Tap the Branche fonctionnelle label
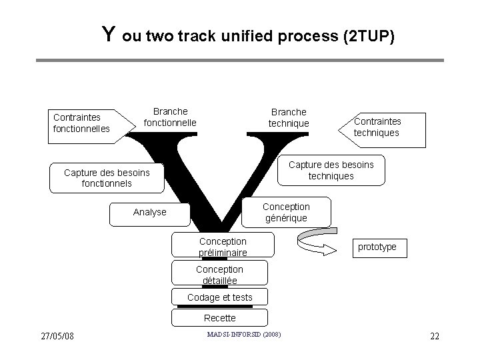click(x=170, y=117)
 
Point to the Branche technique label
click(x=289, y=117)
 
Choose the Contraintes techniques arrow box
click(x=380, y=127)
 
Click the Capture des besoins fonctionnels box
click(x=107, y=177)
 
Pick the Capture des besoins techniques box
click(x=331, y=170)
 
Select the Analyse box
click(x=149, y=212)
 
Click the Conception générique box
click(x=285, y=212)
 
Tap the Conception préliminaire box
click(x=223, y=246)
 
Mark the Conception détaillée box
click(x=219, y=274)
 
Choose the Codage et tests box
click(x=219, y=297)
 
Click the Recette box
click(x=219, y=318)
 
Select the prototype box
click(x=377, y=247)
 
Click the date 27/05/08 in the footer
click(x=57, y=335)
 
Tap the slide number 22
click(x=434, y=335)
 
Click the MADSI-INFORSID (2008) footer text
click(x=243, y=333)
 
